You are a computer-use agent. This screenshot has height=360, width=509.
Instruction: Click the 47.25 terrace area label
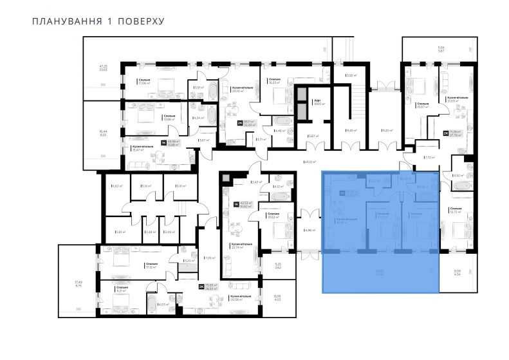pyautogui.click(x=102, y=67)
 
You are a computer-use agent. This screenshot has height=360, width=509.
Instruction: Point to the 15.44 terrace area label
pyautogui.click(x=103, y=133)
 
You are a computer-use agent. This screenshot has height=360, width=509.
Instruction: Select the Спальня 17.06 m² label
pyautogui.click(x=143, y=81)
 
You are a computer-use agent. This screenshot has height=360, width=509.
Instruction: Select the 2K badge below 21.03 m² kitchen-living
pyautogui.click(x=446, y=135)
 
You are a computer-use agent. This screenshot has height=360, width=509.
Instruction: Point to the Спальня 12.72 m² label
pyautogui.click(x=456, y=210)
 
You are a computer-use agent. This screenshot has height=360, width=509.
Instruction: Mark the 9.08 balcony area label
pyautogui.click(x=457, y=273)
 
